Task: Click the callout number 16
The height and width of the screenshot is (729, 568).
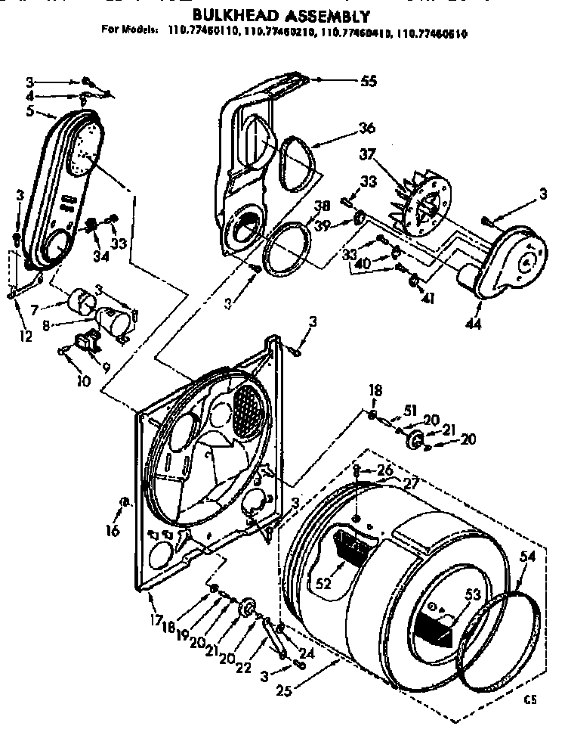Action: point(113,532)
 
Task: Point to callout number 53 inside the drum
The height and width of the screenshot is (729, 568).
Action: point(473,595)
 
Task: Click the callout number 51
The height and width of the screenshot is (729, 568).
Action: point(410,411)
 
